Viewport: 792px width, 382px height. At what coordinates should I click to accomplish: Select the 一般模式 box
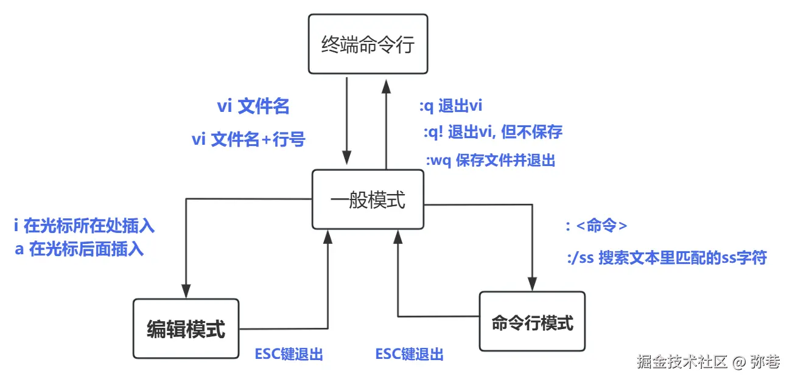pos(368,200)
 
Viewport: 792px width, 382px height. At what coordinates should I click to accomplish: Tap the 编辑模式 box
pos(186,328)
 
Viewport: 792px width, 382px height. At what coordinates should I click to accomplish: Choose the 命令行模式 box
pos(532,322)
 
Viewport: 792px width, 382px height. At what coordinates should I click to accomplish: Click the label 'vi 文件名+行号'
pos(248,140)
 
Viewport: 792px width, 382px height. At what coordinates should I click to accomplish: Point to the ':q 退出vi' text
pos(450,106)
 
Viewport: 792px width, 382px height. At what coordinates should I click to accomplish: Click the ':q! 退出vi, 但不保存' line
pos(492,132)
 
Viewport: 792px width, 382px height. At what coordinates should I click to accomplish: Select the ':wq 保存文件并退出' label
pos(490,161)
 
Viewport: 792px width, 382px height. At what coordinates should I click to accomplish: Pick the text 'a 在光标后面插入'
pos(79,249)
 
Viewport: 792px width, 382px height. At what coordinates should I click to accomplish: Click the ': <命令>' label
pos(596,226)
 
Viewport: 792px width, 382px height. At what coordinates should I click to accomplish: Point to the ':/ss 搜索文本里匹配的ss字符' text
pos(666,259)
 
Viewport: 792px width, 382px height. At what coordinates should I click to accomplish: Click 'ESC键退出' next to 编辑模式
pos(289,354)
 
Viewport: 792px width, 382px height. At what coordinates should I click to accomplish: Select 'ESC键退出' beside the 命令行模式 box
pos(409,354)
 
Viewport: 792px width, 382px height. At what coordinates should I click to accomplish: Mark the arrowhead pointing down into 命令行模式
pos(532,284)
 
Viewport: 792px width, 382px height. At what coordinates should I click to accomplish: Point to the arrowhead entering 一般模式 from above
pos(347,159)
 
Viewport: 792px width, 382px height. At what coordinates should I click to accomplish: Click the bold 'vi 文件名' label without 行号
pos(253,107)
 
